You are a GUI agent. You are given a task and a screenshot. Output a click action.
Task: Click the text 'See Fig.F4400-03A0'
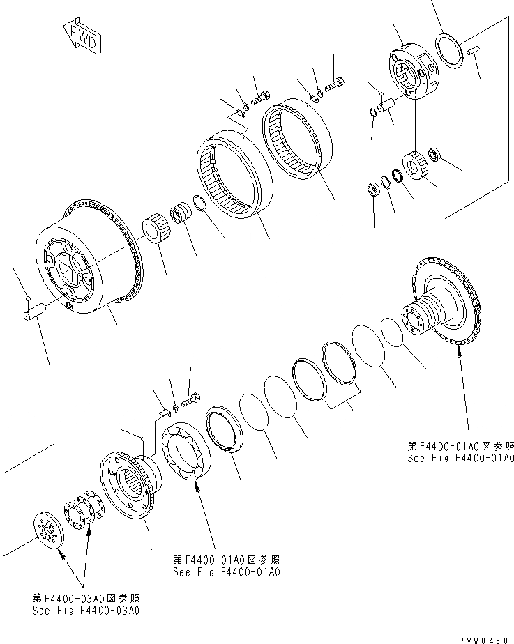pos(86,610)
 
